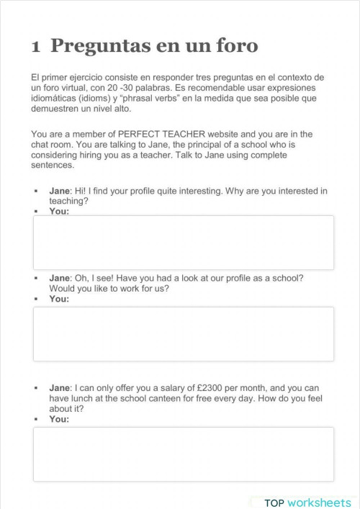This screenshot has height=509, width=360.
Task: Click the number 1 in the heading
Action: point(35,48)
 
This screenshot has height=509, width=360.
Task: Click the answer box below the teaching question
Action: point(183,242)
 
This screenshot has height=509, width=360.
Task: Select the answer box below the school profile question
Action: point(183,334)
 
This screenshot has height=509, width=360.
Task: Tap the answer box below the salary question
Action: point(183,454)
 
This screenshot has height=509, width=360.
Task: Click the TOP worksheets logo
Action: point(307,502)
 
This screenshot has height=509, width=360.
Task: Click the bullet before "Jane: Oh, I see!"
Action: point(35,278)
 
